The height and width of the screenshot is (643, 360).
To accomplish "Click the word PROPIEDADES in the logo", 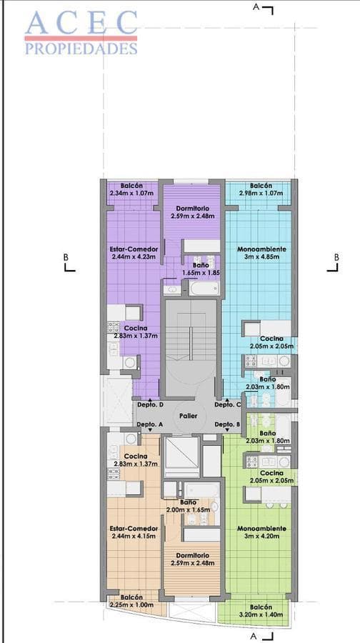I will (x=81, y=49).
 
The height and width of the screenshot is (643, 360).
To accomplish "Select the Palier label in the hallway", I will (x=189, y=415).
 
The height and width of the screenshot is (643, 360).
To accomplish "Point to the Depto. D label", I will (x=150, y=405).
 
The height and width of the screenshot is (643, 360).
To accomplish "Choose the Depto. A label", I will (x=150, y=424).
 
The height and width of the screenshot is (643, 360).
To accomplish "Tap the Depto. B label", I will (x=228, y=424).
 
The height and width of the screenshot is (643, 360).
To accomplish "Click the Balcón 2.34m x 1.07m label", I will (x=131, y=189).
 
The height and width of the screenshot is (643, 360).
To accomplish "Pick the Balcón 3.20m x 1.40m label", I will (x=261, y=609).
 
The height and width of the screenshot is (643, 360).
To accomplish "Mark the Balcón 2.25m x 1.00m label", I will (x=131, y=600).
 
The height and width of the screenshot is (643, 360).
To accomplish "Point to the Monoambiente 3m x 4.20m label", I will (x=261, y=532).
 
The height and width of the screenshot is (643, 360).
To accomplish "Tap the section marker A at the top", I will (x=256, y=6).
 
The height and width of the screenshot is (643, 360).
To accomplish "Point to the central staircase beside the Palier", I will (x=190, y=343).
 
